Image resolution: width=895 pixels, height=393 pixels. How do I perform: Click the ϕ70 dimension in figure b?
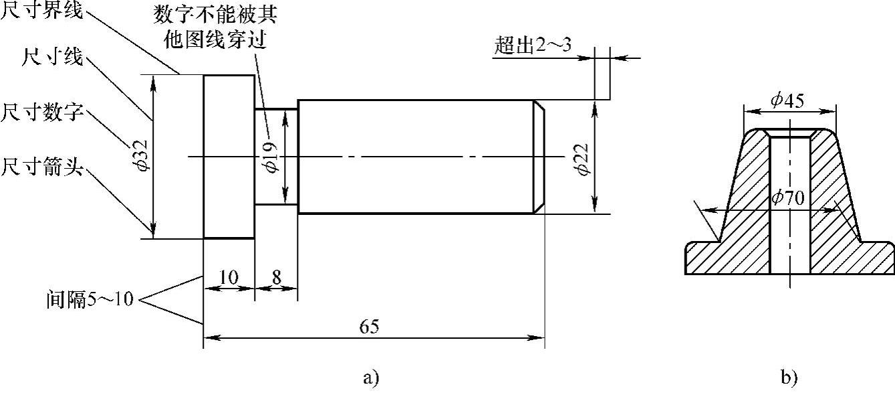[787, 198]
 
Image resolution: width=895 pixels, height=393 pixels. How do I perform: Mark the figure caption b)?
[789, 378]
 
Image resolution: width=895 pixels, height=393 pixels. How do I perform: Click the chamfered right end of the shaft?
[539, 157]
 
